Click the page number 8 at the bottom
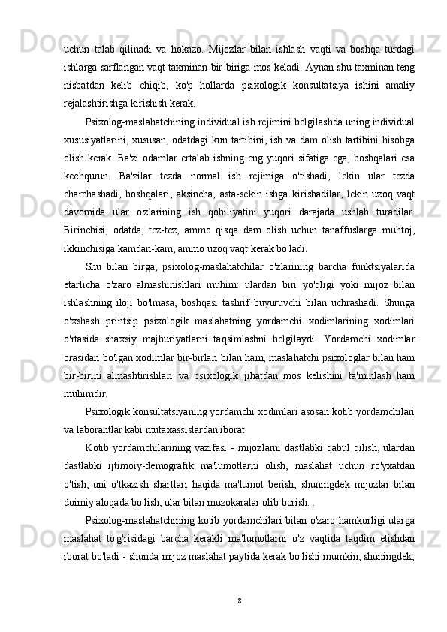point(238,601)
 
